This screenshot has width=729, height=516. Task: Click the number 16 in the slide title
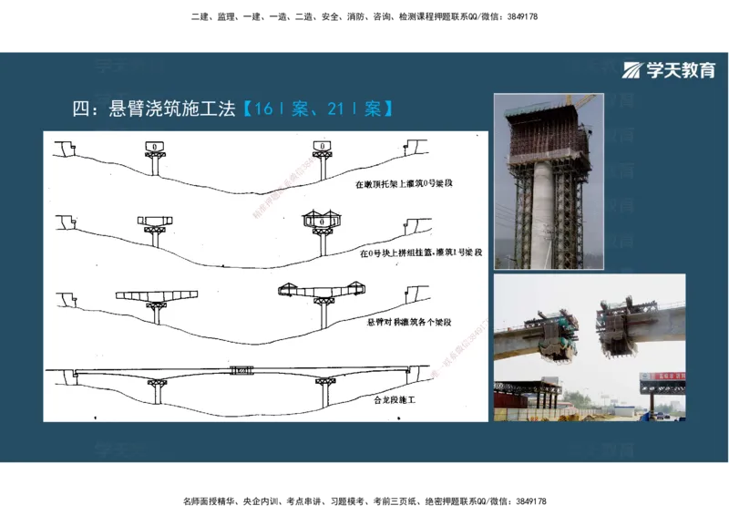pos(264,109)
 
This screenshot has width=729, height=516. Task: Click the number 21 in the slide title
pos(336,109)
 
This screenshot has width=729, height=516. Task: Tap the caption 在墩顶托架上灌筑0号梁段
pos(404,185)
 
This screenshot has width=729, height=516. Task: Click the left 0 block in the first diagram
pos(155,147)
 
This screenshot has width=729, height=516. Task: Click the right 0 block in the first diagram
pos(323,146)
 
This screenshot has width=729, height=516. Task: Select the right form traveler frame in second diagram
pos(321,220)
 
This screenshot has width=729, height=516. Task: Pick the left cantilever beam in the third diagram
pos(157,297)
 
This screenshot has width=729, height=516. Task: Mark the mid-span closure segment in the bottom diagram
pos(241,371)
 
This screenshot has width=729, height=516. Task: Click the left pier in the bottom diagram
pos(158,391)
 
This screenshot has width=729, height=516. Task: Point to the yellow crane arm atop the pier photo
pos(580,98)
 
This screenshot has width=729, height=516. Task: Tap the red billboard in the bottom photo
pos(662,377)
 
